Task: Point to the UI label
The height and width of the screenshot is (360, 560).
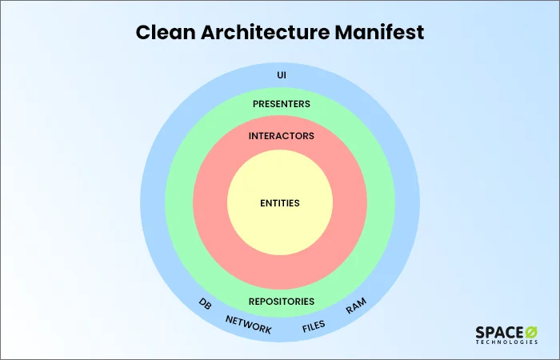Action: [281, 75]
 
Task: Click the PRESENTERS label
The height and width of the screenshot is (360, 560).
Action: [281, 104]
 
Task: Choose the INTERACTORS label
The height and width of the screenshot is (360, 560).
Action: [281, 136]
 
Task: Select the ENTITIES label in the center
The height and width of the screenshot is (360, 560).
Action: [280, 203]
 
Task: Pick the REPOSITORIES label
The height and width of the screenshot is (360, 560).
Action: [280, 302]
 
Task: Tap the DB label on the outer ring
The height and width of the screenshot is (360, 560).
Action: [205, 305]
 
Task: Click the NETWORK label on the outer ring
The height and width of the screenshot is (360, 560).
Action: [248, 324]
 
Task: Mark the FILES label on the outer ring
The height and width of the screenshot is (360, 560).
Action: [313, 326]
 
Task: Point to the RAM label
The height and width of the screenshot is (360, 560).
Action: [356, 307]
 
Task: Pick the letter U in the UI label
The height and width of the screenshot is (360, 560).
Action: [278, 75]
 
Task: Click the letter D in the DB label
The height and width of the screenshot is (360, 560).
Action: [202, 303]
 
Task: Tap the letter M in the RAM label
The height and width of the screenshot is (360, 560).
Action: [362, 304]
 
